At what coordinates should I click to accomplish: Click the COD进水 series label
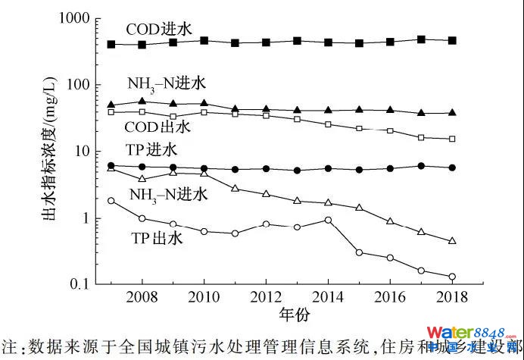pos(159,29)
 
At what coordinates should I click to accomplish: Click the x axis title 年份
pos(291,312)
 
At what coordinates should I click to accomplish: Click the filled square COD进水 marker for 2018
pos(452,41)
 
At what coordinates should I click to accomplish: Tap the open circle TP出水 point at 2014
pos(328,221)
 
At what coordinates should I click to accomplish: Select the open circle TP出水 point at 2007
pos(111,201)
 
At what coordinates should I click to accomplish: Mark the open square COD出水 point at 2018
pos(452,139)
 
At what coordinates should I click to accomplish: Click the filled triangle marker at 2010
pos(204,103)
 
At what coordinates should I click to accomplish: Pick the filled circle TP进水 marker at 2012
pos(266,169)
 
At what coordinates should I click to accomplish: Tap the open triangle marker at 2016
pos(390,221)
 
